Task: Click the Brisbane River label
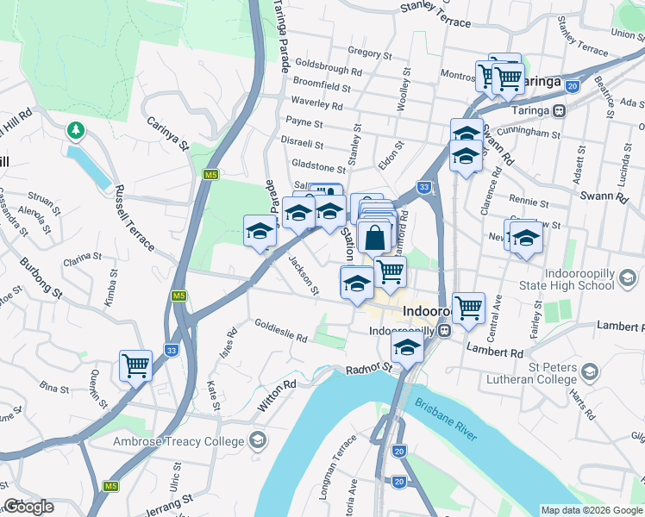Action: [x=445, y=420]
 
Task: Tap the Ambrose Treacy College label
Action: [x=179, y=442]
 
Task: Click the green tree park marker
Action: [x=77, y=130]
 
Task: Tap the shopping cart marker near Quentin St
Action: [x=136, y=365]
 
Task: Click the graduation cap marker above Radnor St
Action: [x=406, y=347]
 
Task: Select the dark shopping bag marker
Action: [x=376, y=237]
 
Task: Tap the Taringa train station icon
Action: [x=560, y=110]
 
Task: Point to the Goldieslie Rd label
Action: [x=280, y=331]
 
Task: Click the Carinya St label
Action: [x=167, y=134]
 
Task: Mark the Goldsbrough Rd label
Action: [x=328, y=69]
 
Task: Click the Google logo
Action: [x=28, y=507]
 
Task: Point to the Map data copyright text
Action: [x=591, y=510]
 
